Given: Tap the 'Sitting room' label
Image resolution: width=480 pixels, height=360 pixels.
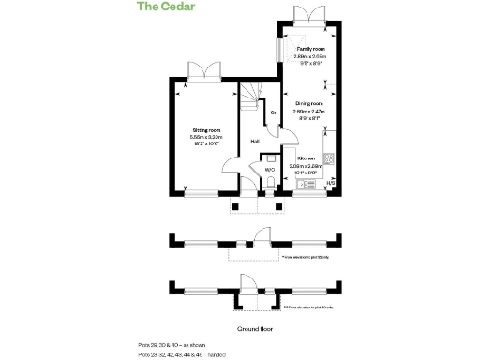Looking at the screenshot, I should [206, 129].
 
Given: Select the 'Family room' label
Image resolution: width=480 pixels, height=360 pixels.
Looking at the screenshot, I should [310, 48].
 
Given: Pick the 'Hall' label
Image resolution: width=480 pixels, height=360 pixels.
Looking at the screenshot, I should [254, 142].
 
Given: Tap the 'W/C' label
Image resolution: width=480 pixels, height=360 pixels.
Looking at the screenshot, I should [269, 170].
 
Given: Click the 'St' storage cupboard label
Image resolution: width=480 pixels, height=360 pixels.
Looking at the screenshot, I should [273, 113].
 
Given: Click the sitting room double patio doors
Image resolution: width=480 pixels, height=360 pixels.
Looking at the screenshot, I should [202, 71].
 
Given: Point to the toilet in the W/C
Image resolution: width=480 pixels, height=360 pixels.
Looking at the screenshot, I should [269, 184].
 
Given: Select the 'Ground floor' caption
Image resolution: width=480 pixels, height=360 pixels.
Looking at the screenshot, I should [254, 329].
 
